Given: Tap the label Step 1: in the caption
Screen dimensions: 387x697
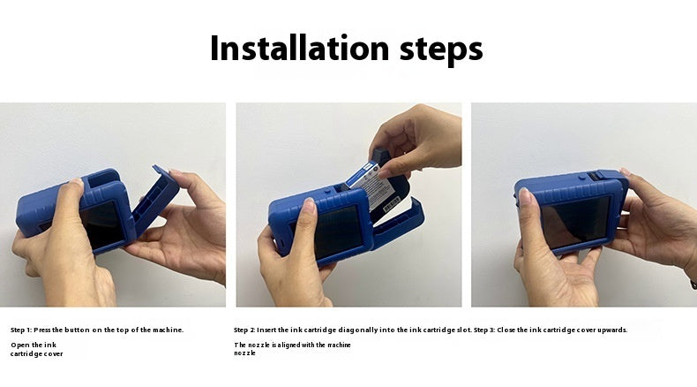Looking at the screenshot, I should pos(21,330).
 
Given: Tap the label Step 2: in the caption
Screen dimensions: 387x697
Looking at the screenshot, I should pos(245,330).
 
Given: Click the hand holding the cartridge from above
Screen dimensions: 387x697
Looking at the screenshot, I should pos(419,141).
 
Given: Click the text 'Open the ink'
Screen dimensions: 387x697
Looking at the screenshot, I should pos(34,345).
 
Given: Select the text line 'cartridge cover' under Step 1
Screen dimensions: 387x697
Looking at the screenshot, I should pos(36,353).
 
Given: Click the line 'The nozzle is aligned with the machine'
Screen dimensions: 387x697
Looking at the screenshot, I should pos(292,345).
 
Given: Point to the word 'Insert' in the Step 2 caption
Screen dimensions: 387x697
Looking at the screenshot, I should pos(268,330).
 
